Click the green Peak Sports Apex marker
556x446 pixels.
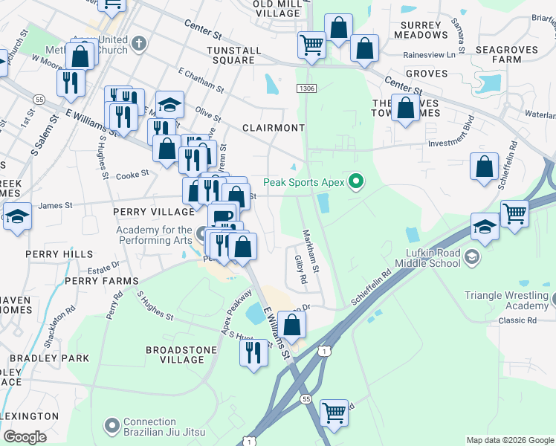(x=356, y=181)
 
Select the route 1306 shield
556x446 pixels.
(x=306, y=88)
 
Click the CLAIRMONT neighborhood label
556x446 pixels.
(x=274, y=128)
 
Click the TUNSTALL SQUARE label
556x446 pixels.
(x=234, y=56)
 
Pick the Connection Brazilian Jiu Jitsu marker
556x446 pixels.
(x=112, y=426)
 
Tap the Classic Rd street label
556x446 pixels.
(x=517, y=320)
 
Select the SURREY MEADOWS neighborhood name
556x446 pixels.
(x=424, y=30)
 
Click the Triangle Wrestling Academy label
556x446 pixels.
(x=505, y=300)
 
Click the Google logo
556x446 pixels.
(x=25, y=437)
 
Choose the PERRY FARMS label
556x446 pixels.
(x=101, y=281)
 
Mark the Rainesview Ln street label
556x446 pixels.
(x=429, y=55)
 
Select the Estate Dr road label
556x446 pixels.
(x=103, y=268)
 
